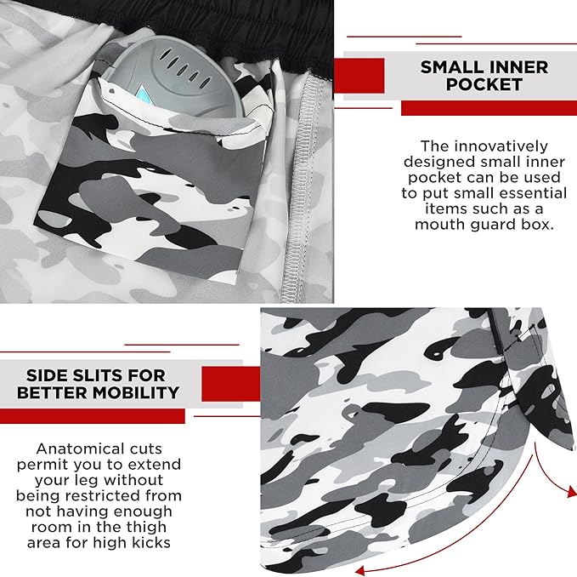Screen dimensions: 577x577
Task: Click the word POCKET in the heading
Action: (484, 84)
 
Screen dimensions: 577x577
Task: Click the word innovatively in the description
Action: (501, 146)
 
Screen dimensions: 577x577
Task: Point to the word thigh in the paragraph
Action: (146, 527)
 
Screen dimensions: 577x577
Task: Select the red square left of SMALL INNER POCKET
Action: (359, 76)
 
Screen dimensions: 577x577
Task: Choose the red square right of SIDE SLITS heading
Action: (231, 385)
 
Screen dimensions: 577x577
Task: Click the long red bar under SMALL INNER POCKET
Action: (489, 108)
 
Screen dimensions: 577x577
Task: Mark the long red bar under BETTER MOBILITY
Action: (92, 416)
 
